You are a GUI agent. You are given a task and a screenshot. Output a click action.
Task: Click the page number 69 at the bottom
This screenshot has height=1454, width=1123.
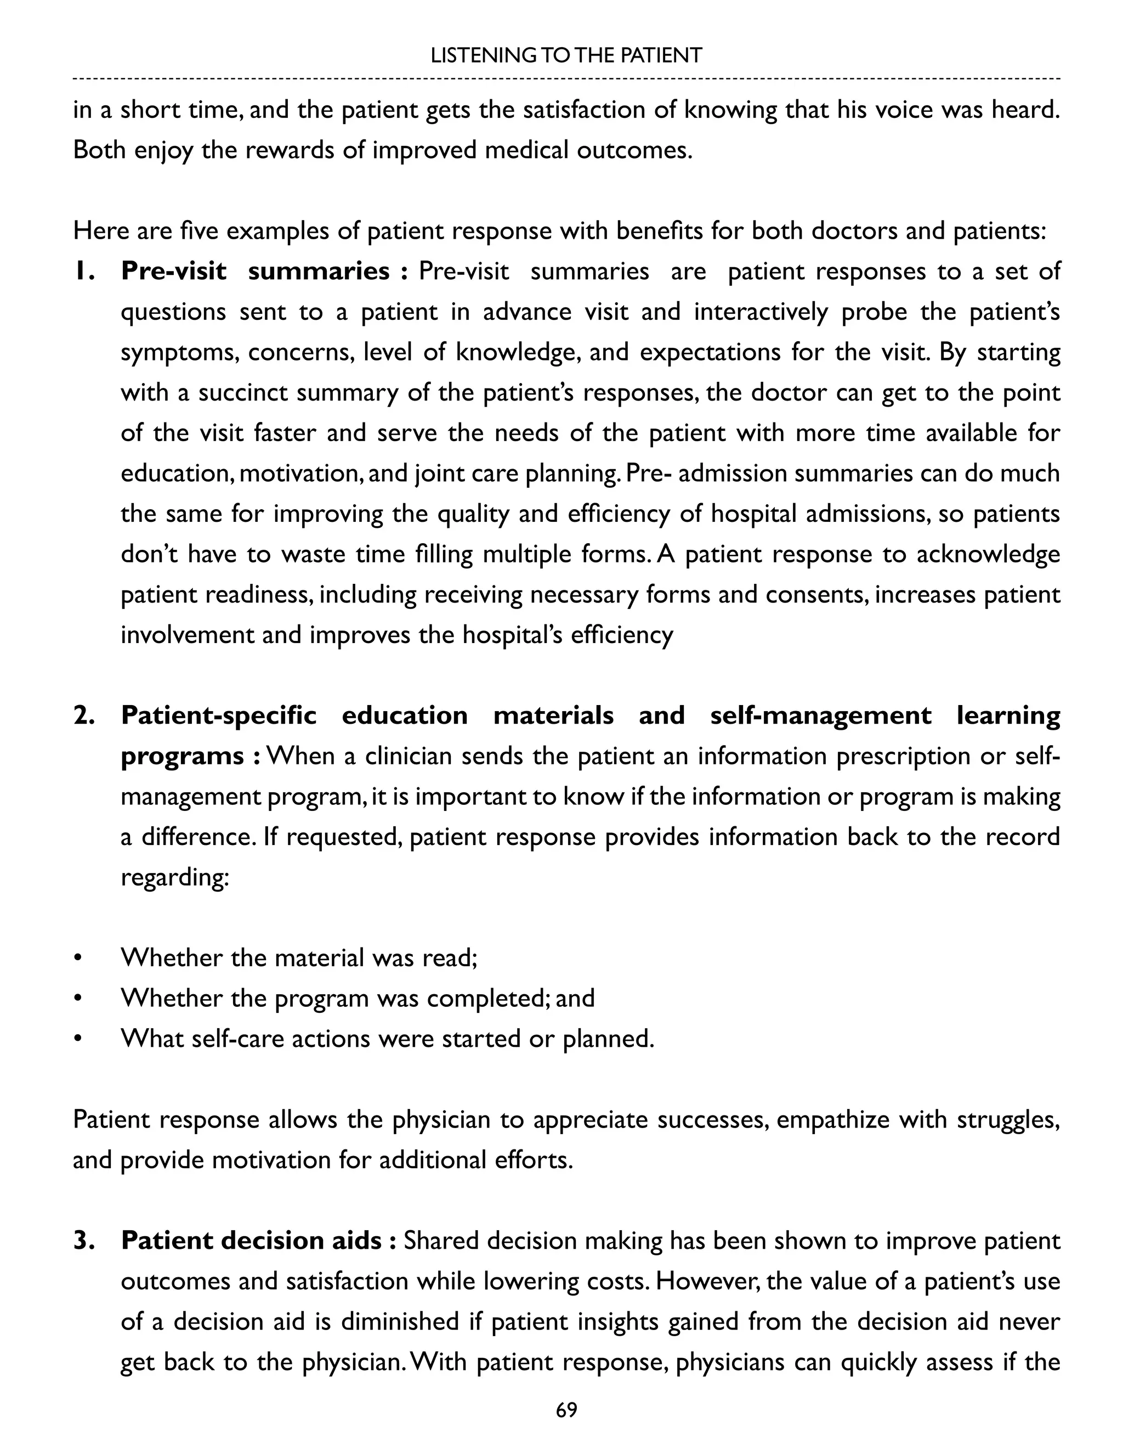coord(566,1410)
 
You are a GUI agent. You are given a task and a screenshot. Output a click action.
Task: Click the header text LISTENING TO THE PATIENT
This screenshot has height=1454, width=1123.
coord(566,55)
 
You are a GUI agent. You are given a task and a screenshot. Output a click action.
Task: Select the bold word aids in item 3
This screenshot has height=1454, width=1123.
coord(355,1241)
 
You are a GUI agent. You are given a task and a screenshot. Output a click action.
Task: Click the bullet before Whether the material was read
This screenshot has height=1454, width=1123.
coord(78,959)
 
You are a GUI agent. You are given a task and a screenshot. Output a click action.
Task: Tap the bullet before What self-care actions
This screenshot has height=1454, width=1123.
coord(78,1039)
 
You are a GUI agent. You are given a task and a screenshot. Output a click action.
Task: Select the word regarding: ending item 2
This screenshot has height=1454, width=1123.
coord(175,878)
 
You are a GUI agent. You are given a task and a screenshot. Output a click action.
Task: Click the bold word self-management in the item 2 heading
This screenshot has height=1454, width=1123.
coord(820,715)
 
